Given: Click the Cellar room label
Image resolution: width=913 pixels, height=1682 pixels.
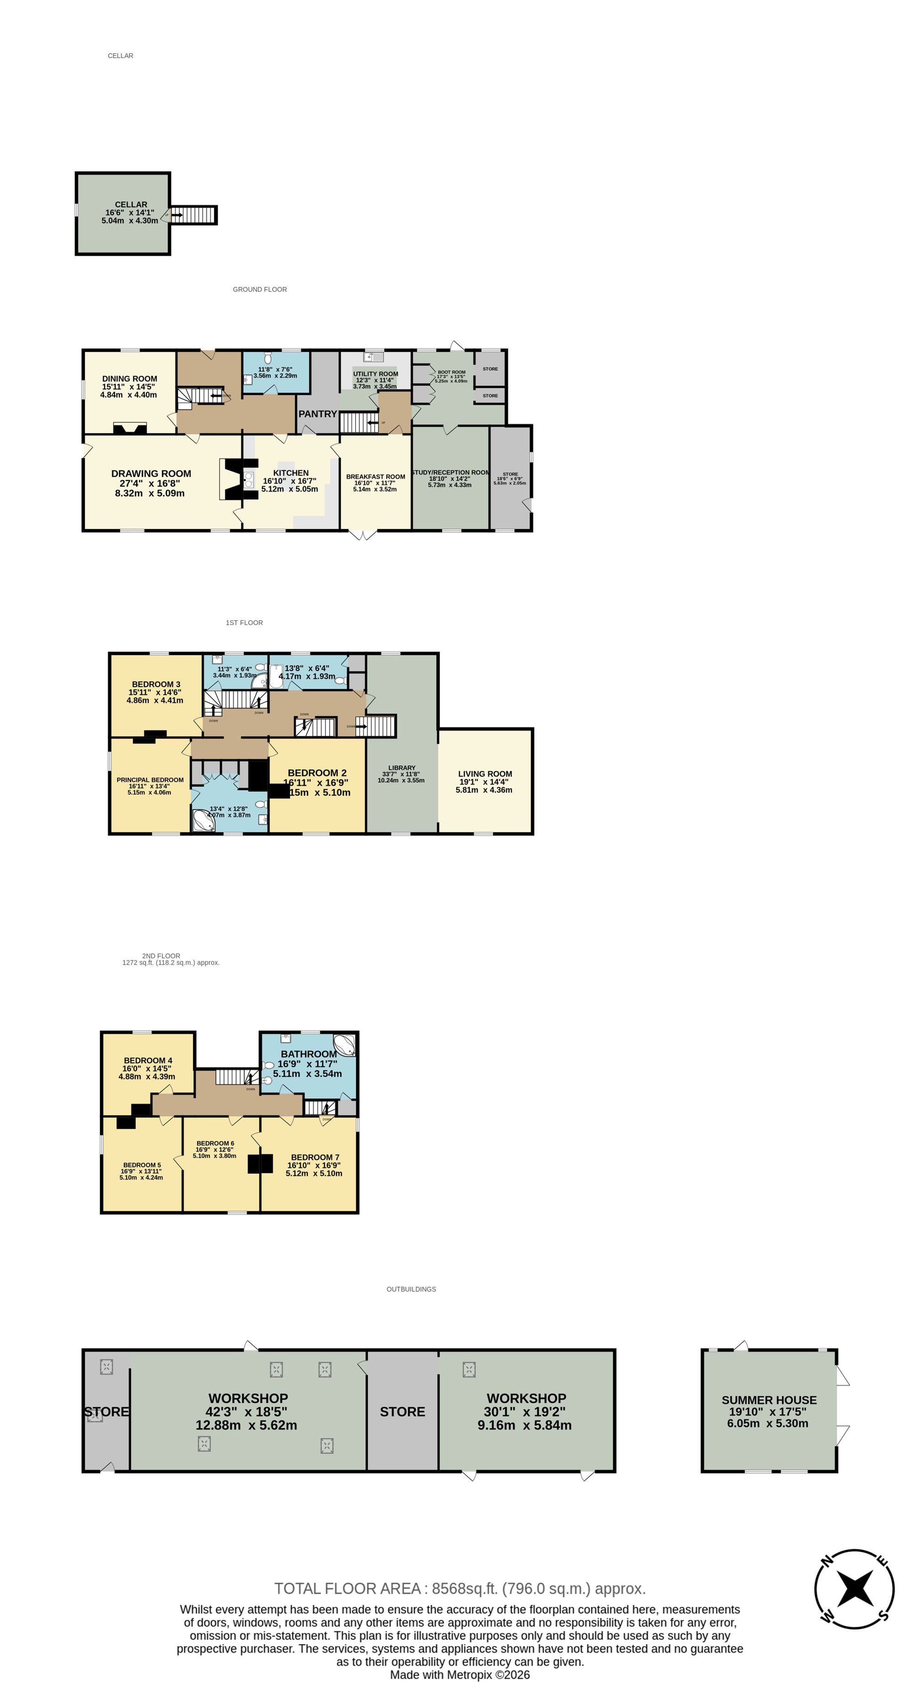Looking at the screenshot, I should click(131, 204).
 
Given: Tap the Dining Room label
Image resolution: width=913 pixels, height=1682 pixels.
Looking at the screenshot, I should click(129, 379).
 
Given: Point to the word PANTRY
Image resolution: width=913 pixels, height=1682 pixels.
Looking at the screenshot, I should click(317, 414).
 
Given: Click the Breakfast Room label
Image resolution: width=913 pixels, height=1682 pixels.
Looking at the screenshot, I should click(376, 477).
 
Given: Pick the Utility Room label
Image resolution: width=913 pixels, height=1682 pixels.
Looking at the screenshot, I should click(376, 374).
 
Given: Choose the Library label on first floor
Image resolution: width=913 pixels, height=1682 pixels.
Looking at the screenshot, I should click(402, 768).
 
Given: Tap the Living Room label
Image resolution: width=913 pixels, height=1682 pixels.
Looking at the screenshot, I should click(485, 774).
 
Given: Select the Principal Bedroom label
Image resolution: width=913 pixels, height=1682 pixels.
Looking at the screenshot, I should click(150, 780).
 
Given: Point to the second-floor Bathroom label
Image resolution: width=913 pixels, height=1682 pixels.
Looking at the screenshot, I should click(309, 1054).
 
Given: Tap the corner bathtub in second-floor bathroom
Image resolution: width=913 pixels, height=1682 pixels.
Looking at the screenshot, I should click(344, 1045).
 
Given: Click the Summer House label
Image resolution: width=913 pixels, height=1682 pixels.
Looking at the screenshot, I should click(769, 1400).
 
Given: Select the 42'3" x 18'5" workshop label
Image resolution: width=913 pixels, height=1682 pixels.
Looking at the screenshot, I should click(247, 1398).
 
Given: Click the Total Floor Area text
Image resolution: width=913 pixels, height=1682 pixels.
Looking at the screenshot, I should click(459, 1588).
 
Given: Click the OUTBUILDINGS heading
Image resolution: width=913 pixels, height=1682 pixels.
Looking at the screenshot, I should click(411, 1289).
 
